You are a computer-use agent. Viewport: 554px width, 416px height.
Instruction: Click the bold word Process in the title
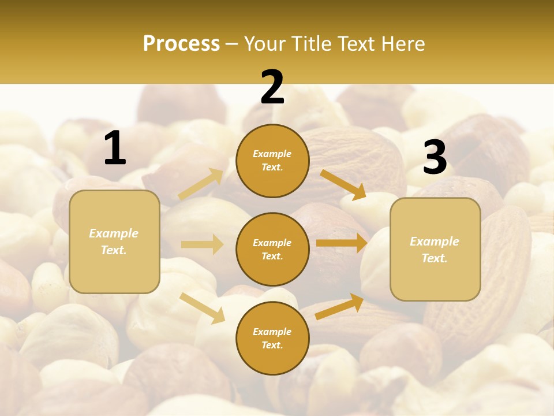coord(181,44)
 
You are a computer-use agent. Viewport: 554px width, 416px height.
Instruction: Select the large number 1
coord(115,148)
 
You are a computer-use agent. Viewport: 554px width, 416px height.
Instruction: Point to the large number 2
coord(272,87)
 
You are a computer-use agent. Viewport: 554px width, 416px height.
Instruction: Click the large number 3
coord(435,158)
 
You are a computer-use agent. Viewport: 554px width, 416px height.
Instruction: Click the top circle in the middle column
coord(272,160)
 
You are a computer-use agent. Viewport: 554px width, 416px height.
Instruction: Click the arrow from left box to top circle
coord(201,184)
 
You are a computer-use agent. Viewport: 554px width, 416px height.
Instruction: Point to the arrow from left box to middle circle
coord(202,244)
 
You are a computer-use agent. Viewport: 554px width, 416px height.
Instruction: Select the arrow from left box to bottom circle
coord(202,307)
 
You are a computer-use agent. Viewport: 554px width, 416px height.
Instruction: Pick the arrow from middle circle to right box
coord(342,243)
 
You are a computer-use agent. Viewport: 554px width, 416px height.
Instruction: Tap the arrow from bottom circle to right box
coord(339,306)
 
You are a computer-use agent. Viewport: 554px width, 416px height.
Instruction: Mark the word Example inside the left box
coord(114,233)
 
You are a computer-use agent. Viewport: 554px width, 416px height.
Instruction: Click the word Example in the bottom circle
coord(272,332)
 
